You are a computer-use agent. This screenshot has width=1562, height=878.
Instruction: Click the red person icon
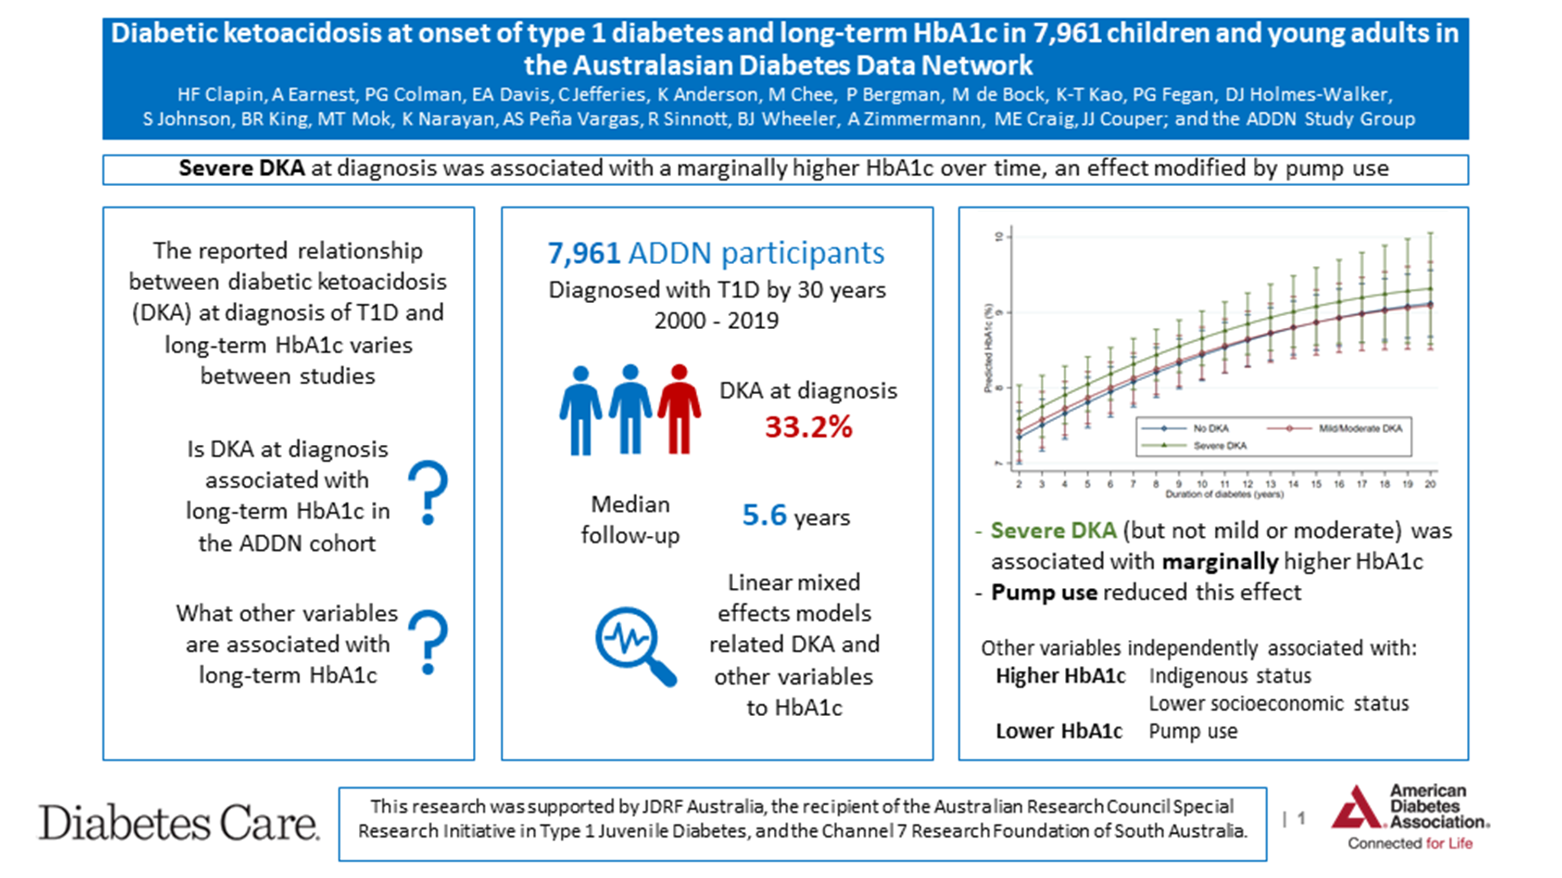679,410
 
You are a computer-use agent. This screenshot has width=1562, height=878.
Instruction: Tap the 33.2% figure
808,427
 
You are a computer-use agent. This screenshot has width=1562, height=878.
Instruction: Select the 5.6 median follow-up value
764,515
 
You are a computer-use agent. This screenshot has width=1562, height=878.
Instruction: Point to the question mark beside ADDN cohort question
428,492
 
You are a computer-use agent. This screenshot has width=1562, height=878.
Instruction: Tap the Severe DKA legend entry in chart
1219,446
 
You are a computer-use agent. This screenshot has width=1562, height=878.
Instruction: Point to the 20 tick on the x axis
1430,484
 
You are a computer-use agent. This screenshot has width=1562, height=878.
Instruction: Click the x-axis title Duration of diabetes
1224,495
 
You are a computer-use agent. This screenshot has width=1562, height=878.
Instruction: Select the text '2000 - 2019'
716,320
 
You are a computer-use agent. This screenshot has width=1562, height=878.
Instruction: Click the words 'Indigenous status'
1230,676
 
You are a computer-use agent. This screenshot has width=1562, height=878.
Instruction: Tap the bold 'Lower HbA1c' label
1059,731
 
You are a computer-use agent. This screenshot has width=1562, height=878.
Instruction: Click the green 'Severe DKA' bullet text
1053,531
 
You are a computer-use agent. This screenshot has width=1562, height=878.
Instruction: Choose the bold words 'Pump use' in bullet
1043,592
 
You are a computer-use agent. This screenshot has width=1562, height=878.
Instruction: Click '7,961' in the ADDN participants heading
583,253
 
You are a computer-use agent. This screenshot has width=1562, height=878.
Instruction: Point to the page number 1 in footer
1301,819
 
